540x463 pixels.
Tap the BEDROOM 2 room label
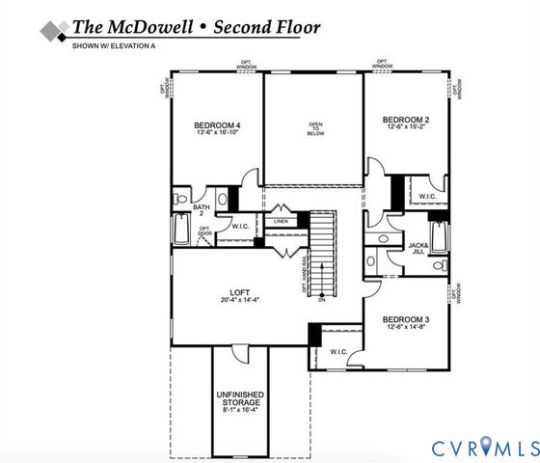click(406, 119)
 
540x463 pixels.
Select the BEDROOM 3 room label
click(405, 319)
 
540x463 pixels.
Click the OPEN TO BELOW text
click(314, 130)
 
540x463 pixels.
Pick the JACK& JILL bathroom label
click(418, 250)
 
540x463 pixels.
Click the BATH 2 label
click(202, 209)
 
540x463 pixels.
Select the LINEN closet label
click(281, 221)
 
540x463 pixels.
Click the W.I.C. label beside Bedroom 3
click(338, 351)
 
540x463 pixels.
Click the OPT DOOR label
click(204, 231)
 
